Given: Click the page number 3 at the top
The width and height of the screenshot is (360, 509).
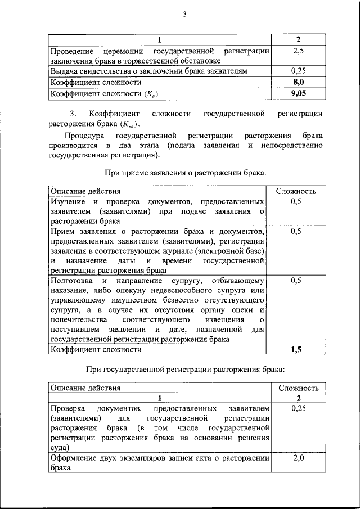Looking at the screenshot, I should [x=184, y=15].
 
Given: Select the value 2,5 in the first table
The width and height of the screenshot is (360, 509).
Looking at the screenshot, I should [x=298, y=51].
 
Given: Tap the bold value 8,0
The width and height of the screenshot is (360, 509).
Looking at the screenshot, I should [x=298, y=82].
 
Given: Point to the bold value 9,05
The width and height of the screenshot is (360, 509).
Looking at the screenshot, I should [x=298, y=93].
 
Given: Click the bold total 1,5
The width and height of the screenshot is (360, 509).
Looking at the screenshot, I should [x=296, y=349].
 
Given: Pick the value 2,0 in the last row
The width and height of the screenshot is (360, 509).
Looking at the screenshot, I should [x=298, y=459].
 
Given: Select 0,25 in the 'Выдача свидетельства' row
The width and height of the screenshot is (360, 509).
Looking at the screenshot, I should [x=298, y=71].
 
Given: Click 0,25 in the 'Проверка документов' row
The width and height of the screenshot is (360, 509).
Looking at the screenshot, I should [x=298, y=408].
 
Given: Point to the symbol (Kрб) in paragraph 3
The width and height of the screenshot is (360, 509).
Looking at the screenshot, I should [x=129, y=125].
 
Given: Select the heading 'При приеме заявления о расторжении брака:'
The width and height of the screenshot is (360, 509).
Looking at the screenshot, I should [x=186, y=173].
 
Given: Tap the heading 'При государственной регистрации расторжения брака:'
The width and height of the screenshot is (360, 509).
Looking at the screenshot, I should [x=186, y=370].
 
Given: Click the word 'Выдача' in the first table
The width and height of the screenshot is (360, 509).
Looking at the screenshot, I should [x=64, y=71].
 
